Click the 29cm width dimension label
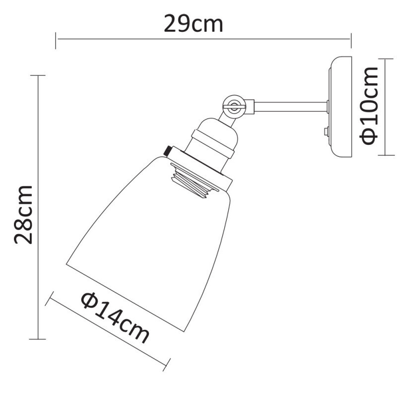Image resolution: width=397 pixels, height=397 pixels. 194,23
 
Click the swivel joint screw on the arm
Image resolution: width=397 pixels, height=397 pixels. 233,104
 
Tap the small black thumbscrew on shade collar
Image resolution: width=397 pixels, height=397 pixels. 167,149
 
